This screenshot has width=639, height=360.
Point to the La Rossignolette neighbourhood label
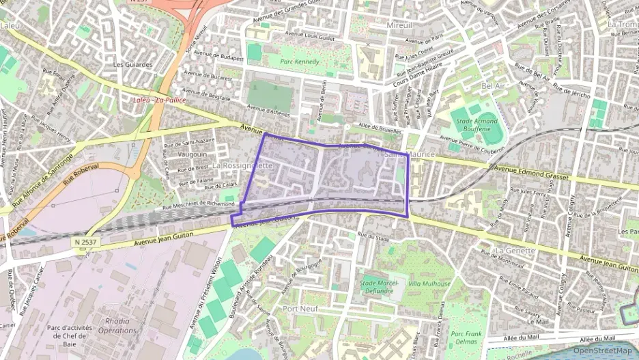(242, 165)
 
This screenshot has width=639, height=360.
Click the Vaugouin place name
(192, 155)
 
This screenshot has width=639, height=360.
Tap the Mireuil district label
(399, 25)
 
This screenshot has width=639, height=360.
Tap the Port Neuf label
(300, 309)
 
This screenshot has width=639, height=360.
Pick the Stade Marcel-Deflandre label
(378, 287)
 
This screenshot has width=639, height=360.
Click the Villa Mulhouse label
(429, 283)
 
